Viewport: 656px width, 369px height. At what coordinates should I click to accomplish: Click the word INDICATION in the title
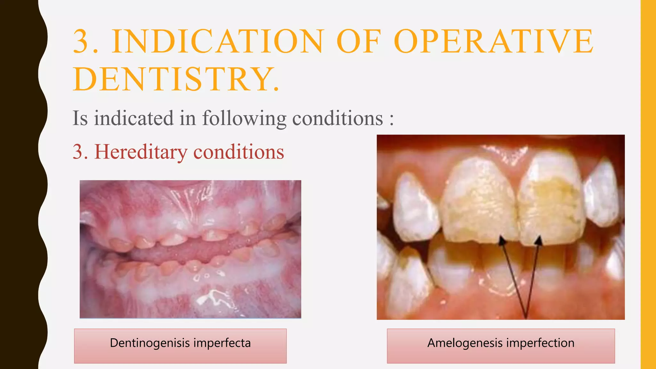pos(218,42)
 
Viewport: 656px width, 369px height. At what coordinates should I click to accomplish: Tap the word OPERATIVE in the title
pos(493,42)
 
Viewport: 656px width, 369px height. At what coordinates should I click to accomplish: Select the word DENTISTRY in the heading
pos(171,79)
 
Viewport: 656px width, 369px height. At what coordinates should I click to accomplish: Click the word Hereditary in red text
pos(141,152)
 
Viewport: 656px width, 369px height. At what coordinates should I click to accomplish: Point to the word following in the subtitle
pos(244,118)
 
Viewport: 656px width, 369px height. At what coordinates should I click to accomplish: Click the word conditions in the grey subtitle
pos(338,118)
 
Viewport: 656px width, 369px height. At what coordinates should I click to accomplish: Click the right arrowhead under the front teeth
pos(539,240)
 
